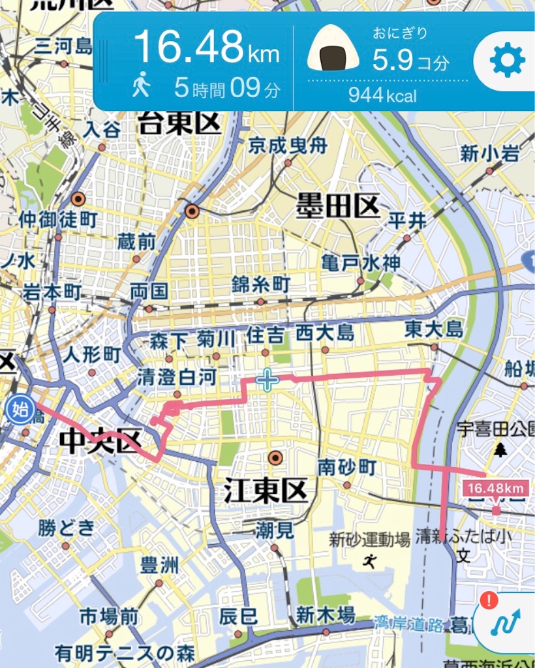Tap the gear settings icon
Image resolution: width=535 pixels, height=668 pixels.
[507, 62]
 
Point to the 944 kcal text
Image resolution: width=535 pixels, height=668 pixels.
[382, 96]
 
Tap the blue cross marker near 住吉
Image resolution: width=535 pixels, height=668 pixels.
[267, 380]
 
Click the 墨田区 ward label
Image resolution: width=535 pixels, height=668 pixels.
[337, 207]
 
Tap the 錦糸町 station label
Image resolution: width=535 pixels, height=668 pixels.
[261, 284]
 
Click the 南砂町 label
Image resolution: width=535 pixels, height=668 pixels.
[347, 467]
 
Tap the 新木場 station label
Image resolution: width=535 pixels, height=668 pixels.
[325, 614]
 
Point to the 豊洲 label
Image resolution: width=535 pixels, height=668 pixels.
[159, 565]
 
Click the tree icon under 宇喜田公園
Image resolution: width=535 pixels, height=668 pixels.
[500, 449]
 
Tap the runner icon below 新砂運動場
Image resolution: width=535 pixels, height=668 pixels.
[371, 560]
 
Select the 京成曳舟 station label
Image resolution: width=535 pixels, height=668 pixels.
[288, 145]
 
